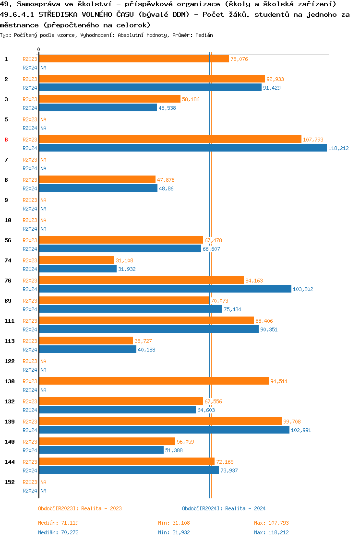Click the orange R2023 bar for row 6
[x=170, y=140]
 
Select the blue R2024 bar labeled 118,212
[x=182, y=148]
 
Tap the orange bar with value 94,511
[x=154, y=381]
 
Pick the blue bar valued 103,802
[x=165, y=289]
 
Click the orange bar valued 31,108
[x=77, y=260]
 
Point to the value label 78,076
[x=239, y=59]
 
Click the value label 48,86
[x=166, y=188]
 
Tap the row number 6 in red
[x=6, y=140]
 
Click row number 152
[x=10, y=482]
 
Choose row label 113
[x=10, y=341]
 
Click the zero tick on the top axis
[x=39, y=50]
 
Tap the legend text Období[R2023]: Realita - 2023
[x=80, y=508]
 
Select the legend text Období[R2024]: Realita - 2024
[x=224, y=508]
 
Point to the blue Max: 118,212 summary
[x=271, y=532]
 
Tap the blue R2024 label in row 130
[x=30, y=390]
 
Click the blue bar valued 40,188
[x=87, y=350]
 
